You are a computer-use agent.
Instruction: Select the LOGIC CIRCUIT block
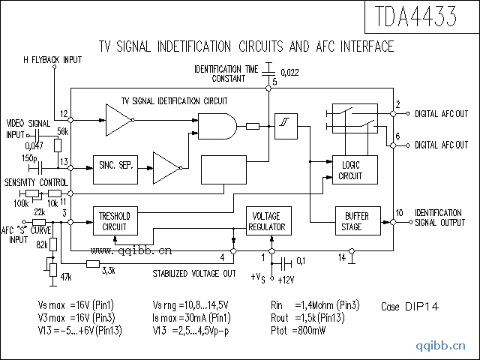(350, 170)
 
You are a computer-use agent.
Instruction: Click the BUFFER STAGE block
(352, 221)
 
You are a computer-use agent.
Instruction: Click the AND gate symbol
(216, 126)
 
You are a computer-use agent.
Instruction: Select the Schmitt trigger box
(285, 127)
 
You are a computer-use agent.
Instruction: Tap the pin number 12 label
(64, 113)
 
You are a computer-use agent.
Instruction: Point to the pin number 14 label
(342, 257)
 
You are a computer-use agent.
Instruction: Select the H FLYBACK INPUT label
(52, 59)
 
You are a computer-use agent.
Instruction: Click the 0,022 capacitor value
(290, 72)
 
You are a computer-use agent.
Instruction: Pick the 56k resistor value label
(62, 131)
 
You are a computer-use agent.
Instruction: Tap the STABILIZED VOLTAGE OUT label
(194, 274)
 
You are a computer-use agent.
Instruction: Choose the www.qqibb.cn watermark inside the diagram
(130, 251)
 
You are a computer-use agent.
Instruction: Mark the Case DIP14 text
(410, 307)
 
